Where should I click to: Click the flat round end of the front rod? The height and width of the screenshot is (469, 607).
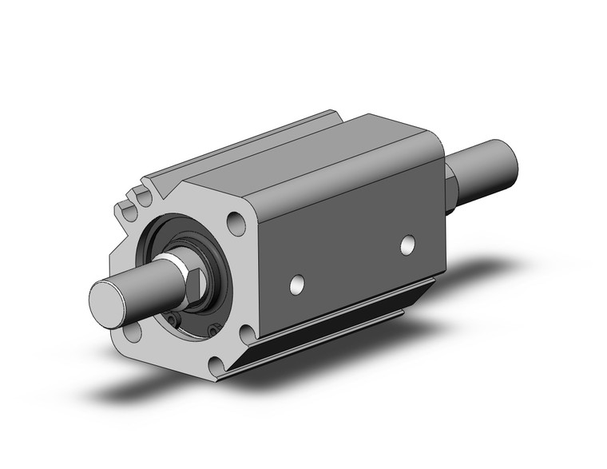click(x=107, y=299)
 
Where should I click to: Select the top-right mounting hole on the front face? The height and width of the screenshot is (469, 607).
click(x=236, y=221)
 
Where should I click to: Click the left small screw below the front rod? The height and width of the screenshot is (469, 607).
click(x=170, y=321)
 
